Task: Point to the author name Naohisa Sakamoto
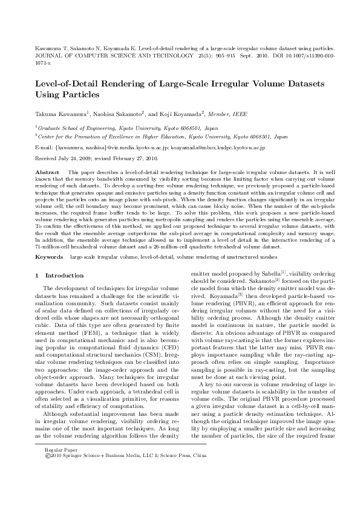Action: (117, 113)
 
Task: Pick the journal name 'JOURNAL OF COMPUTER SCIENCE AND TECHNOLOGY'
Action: (106, 54)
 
